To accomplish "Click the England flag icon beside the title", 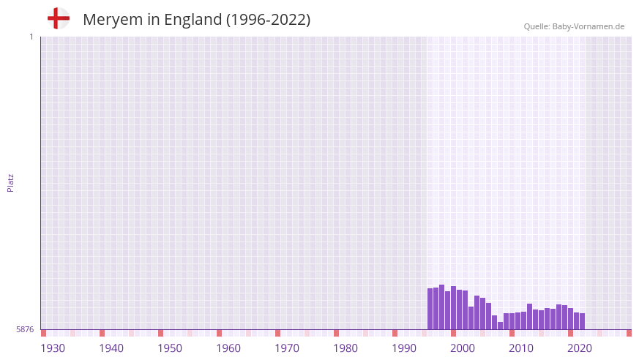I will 58,18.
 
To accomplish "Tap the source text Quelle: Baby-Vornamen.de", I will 574,26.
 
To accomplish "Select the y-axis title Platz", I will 10,182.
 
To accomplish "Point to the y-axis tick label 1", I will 31,37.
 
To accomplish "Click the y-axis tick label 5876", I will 25,330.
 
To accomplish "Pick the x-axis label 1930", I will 53,348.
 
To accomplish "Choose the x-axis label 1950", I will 170,348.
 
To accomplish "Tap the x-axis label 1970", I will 287,348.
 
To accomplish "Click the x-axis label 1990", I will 404,348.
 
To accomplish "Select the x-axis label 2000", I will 463,348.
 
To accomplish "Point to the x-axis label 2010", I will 521,348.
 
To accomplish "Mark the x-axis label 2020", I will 580,348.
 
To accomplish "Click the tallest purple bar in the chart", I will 441,307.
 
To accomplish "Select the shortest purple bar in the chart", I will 501,326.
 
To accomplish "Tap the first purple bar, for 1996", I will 430,309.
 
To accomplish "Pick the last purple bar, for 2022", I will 582,321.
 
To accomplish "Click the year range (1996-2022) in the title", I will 268,20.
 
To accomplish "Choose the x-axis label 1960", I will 228,348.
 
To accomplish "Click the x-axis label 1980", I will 345,348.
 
